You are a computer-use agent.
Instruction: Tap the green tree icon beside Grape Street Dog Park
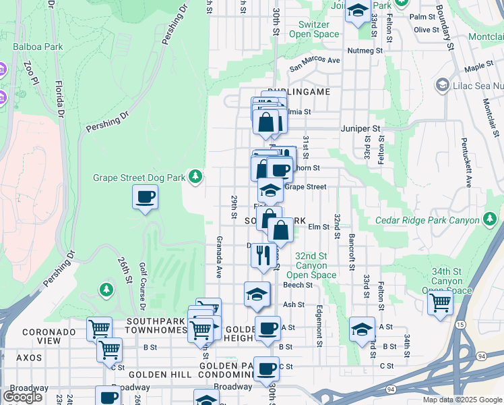coord(195,177)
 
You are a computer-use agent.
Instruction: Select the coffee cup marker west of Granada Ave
coord(146,197)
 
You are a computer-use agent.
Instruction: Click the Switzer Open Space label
coord(319,30)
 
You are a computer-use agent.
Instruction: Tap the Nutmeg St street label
coord(365,51)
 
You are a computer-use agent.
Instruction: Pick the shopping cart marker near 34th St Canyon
coord(440,302)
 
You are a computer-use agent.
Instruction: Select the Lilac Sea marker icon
coord(442,86)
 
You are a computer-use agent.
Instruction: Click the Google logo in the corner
coord(22,397)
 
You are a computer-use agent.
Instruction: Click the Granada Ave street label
coord(219,256)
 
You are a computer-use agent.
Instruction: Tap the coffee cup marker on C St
coord(266,369)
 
